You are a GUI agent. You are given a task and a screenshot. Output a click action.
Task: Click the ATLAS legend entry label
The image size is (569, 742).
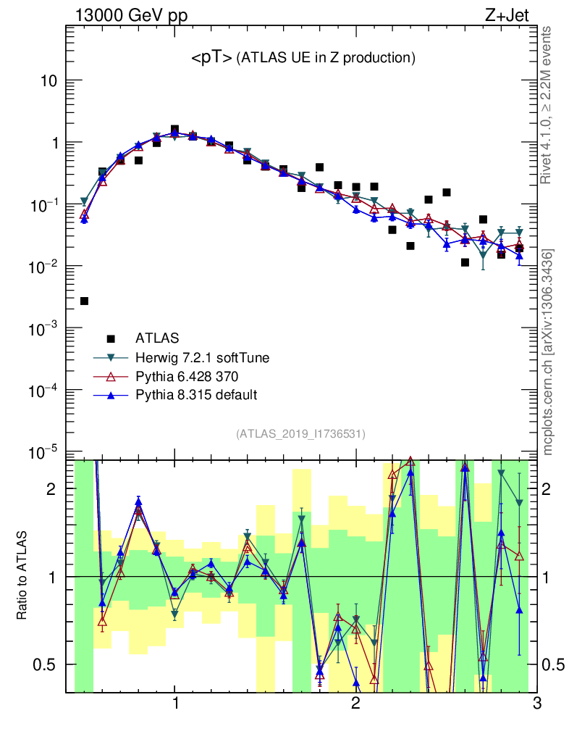click(157, 338)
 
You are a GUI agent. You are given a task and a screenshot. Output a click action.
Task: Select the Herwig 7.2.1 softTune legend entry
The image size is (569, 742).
click(197, 357)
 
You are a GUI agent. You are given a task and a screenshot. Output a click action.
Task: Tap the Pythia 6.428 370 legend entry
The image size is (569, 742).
click(187, 376)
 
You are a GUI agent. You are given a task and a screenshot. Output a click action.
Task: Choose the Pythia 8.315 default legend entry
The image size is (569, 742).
click(196, 395)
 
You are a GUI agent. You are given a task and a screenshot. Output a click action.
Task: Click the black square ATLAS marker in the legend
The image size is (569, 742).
click(111, 338)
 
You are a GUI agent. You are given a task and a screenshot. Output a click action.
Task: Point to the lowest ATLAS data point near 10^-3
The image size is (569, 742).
click(84, 301)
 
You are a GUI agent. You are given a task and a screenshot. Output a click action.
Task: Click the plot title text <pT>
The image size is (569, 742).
click(211, 58)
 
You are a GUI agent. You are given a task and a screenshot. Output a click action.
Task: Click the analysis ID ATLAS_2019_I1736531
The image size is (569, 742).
click(300, 434)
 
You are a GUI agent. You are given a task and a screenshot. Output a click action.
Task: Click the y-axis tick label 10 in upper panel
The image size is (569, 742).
click(49, 80)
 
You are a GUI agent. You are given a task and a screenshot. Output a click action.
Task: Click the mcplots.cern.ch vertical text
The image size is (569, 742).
click(548, 351)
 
